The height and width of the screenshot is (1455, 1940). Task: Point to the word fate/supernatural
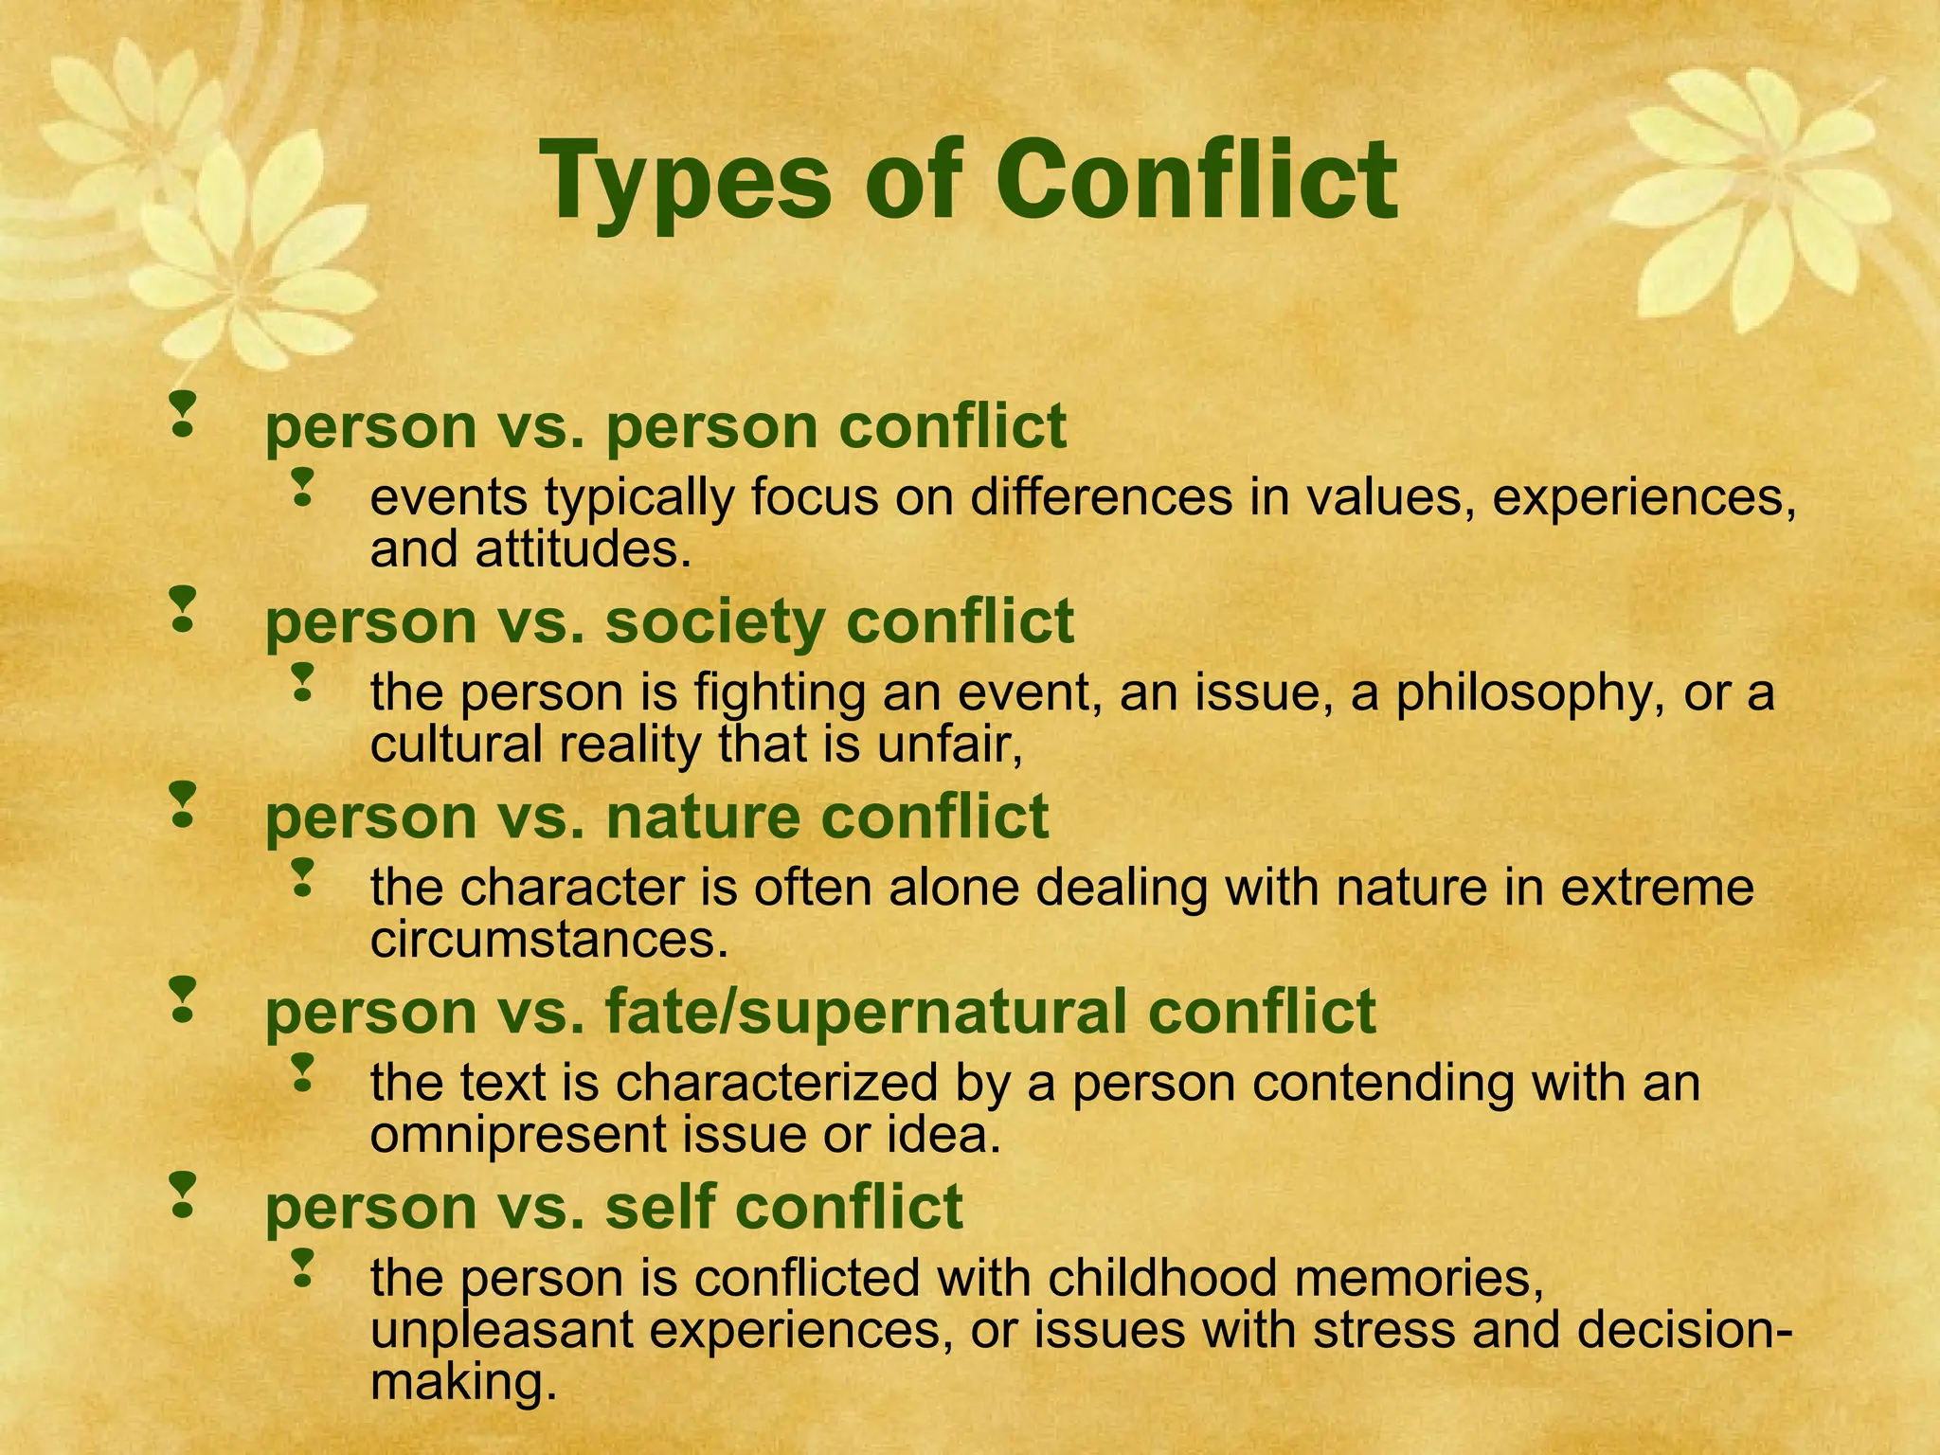[x=868, y=1012]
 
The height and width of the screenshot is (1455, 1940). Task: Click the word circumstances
[x=549, y=940]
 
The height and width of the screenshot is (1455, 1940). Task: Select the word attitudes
[x=579, y=549]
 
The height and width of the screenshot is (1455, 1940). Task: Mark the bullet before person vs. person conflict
[x=182, y=414]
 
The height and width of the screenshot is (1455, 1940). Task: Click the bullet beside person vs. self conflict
[x=182, y=1195]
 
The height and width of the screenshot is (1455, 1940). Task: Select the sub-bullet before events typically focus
[x=302, y=485]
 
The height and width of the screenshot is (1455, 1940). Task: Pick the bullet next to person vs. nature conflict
[x=182, y=804]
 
